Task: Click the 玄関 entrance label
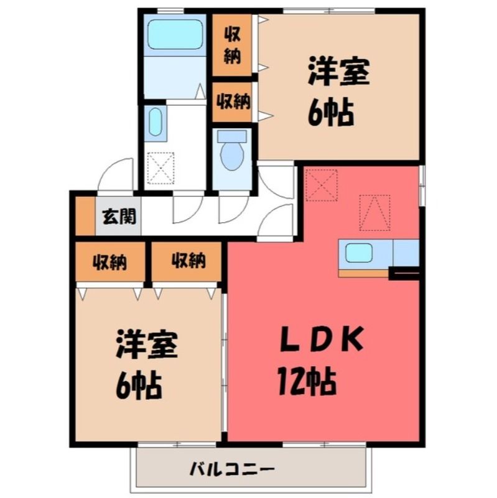click(119, 216)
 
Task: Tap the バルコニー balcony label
click(231, 469)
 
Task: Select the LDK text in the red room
click(322, 341)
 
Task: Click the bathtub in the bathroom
click(175, 35)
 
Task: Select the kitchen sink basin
click(359, 253)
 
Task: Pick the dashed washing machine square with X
click(161, 168)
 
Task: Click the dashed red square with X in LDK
click(321, 185)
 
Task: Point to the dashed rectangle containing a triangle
click(374, 213)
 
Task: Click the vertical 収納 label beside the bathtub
click(232, 45)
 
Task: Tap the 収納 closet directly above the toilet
click(232, 102)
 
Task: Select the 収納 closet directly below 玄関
click(110, 261)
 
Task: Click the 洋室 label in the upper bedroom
click(338, 71)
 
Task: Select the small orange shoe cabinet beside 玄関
click(85, 216)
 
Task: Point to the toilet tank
click(231, 136)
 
